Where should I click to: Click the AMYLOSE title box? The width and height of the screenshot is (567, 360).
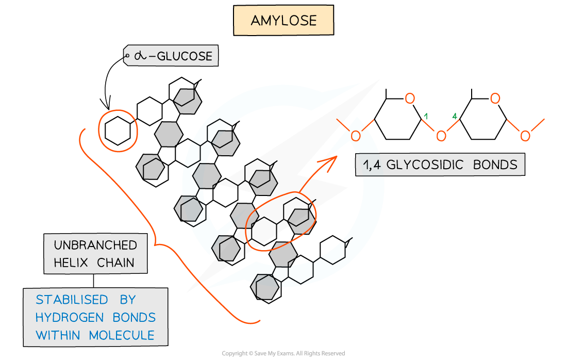(283, 21)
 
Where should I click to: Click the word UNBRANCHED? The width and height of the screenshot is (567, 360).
(95, 245)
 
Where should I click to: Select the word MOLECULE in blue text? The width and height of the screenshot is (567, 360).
(122, 335)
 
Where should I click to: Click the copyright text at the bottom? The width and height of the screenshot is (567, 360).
(283, 353)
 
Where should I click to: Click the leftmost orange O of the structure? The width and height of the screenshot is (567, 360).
(355, 136)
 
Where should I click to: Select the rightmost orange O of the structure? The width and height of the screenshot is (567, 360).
(525, 136)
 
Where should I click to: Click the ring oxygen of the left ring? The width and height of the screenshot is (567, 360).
(410, 99)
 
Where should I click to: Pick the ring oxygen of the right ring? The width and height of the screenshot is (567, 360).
(495, 99)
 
